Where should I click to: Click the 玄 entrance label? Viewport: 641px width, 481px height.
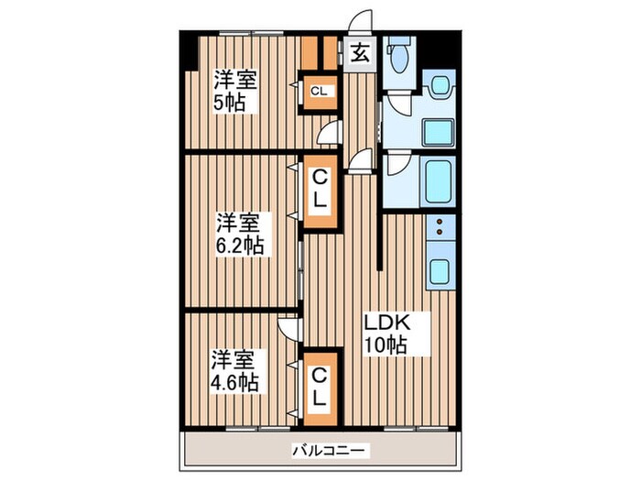tap(359, 52)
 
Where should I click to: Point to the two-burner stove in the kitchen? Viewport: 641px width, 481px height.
tap(440, 227)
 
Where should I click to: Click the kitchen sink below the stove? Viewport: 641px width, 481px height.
tap(440, 271)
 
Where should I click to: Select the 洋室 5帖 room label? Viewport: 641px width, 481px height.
tap(236, 90)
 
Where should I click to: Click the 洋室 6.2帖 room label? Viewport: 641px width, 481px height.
tap(240, 234)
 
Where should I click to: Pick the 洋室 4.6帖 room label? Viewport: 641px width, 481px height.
tap(236, 369)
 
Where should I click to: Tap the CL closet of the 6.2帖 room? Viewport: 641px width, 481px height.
tap(320, 188)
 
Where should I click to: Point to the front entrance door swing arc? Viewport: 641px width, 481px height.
tap(364, 23)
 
